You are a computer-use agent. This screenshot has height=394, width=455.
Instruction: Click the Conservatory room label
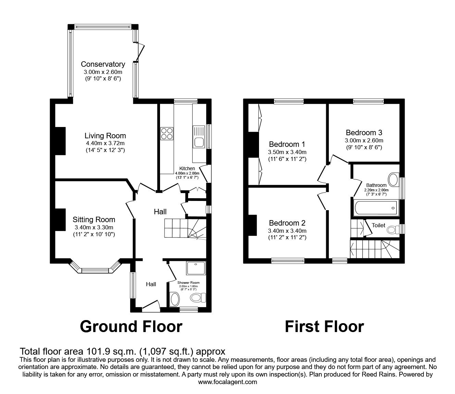click(103, 64)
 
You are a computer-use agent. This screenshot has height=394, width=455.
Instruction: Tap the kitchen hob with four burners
click(167, 133)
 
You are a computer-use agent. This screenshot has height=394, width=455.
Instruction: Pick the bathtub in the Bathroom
click(375, 208)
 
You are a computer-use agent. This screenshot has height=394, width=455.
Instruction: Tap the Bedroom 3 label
click(364, 132)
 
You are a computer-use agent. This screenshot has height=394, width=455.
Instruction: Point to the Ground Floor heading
click(131, 327)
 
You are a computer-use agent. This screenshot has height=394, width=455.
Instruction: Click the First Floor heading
click(324, 327)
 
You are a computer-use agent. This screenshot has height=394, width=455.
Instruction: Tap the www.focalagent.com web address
click(227, 382)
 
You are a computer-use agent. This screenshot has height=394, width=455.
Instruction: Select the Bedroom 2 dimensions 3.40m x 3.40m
click(287, 231)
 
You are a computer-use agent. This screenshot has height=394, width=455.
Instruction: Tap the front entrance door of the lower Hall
click(151, 306)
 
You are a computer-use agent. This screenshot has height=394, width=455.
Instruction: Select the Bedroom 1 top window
click(288, 101)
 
